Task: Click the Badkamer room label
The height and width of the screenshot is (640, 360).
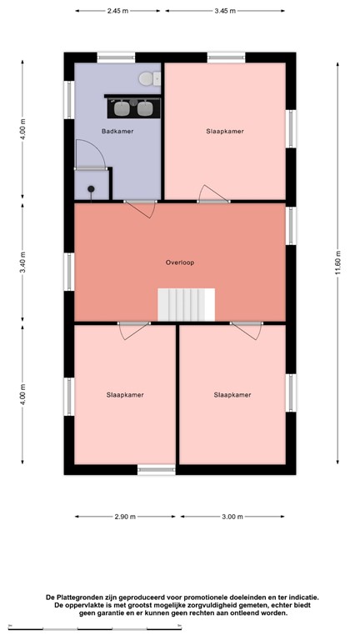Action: pyautogui.click(x=117, y=132)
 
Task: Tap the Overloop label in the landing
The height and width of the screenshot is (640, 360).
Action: pyautogui.click(x=179, y=262)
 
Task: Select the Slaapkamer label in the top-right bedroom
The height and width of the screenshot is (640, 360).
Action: pyautogui.click(x=225, y=132)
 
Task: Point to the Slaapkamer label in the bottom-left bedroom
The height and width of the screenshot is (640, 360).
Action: pyautogui.click(x=125, y=394)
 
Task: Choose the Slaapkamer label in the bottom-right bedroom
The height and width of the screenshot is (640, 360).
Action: pyautogui.click(x=232, y=394)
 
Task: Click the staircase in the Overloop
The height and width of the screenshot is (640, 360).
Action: pyautogui.click(x=187, y=304)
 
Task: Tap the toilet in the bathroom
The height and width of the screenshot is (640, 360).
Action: pyautogui.click(x=147, y=79)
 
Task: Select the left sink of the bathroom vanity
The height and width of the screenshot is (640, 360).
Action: pyautogui.click(x=122, y=107)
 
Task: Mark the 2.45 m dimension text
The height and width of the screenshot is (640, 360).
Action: pyautogui.click(x=118, y=12)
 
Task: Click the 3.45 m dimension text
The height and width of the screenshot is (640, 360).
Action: pyautogui.click(x=225, y=12)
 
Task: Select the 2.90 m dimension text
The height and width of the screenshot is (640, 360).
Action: pyautogui.click(x=125, y=517)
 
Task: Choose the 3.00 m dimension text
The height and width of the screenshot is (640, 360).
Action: pyautogui.click(x=232, y=517)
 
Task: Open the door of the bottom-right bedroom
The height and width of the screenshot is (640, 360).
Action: pyautogui.click(x=244, y=330)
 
